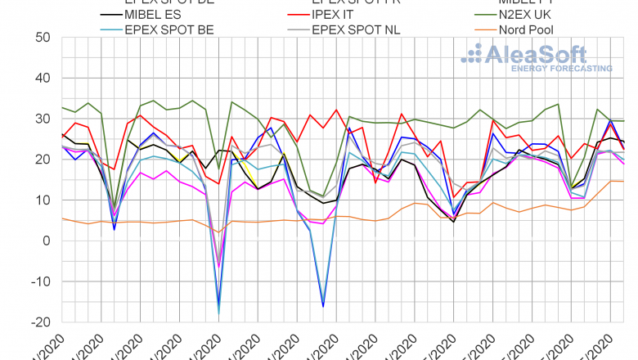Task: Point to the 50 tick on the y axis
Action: click(x=42, y=38)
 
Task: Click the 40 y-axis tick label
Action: click(x=42, y=79)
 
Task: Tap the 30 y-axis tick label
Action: click(x=42, y=119)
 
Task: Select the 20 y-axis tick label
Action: click(x=42, y=160)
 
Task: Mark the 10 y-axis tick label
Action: click(x=42, y=200)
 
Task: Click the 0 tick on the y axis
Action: click(x=46, y=241)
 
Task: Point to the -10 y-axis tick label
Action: click(x=38, y=281)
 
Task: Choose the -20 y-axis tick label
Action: click(x=38, y=322)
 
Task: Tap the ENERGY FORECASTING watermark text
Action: click(x=561, y=69)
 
